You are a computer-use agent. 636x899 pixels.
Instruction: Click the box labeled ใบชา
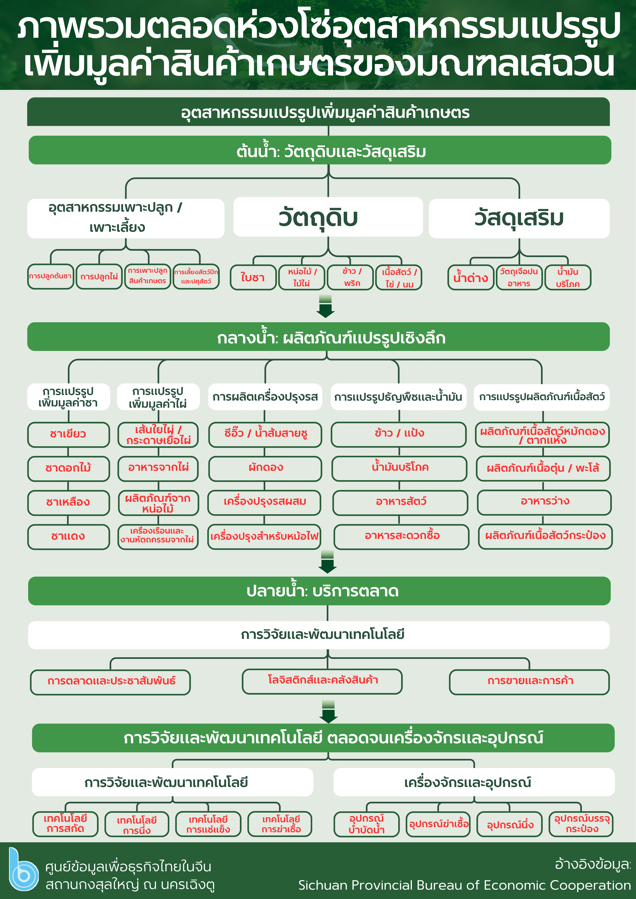253,277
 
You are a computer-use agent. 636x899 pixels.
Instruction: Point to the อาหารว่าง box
544,502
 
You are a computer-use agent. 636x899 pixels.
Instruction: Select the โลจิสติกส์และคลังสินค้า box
322,681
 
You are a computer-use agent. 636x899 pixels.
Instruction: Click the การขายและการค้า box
529,682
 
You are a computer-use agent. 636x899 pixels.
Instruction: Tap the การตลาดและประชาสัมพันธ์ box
111,682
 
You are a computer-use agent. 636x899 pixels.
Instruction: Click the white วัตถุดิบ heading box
328,217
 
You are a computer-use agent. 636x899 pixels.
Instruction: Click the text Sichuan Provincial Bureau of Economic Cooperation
464,885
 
